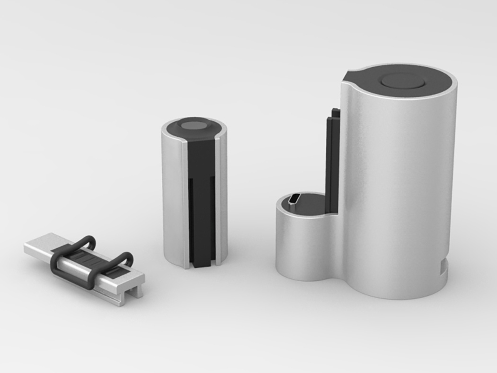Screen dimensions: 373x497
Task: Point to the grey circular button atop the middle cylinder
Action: point(194,125)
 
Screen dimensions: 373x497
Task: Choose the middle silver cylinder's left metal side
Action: point(171,199)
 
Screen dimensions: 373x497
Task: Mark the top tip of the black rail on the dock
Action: point(335,112)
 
